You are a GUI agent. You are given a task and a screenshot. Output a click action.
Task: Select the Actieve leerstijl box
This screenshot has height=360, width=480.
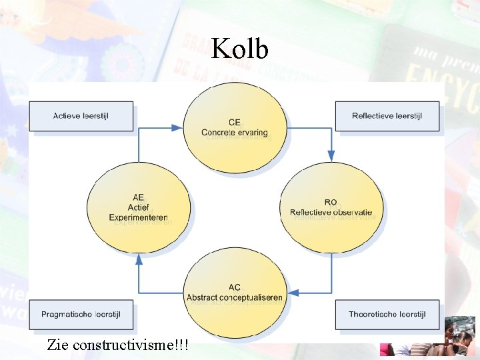[x=81, y=116]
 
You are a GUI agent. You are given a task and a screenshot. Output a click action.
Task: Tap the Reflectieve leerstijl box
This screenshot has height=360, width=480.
[x=387, y=116]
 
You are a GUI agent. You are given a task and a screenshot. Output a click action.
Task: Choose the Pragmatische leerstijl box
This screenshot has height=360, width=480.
[x=81, y=314]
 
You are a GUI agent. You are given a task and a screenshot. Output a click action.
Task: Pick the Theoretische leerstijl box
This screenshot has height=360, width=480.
[x=387, y=314]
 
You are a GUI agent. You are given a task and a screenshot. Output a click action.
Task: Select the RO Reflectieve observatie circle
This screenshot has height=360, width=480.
[x=331, y=207]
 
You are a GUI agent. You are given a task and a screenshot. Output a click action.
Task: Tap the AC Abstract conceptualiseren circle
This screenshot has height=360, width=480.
[x=235, y=292]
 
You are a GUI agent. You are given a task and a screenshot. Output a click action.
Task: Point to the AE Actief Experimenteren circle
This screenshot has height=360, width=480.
[x=138, y=207]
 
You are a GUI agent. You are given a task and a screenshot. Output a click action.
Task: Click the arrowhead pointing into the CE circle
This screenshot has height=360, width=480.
[x=177, y=127]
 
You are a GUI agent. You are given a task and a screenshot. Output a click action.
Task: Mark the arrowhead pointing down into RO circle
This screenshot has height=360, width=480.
[x=331, y=156]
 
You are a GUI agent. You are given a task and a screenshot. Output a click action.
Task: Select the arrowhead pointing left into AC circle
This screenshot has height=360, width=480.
[x=293, y=292]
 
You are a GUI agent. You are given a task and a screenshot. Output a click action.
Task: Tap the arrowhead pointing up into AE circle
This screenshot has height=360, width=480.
[x=138, y=259]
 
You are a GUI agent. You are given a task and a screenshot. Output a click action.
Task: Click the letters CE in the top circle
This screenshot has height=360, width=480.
[x=235, y=123]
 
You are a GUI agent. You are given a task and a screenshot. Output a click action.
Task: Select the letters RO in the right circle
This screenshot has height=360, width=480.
[x=331, y=203]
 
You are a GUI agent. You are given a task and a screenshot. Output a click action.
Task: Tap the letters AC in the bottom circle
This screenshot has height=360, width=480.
[x=235, y=287]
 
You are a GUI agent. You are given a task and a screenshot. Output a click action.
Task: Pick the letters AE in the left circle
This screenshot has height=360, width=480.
[x=139, y=197]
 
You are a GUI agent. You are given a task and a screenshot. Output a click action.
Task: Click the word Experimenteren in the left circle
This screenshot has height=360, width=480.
[x=139, y=217]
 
